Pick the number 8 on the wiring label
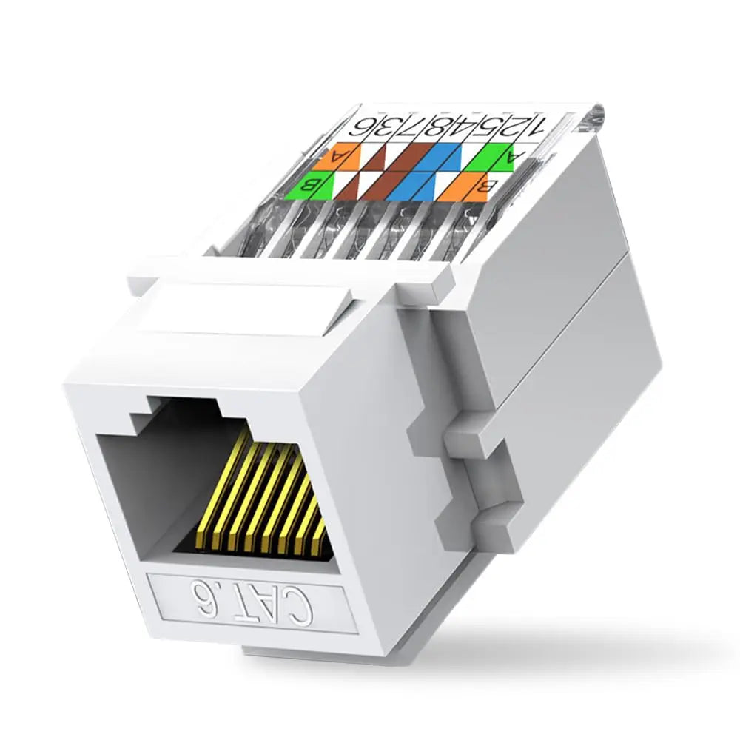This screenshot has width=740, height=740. [x=440, y=127]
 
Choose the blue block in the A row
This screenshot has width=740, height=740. [x=448, y=157]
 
